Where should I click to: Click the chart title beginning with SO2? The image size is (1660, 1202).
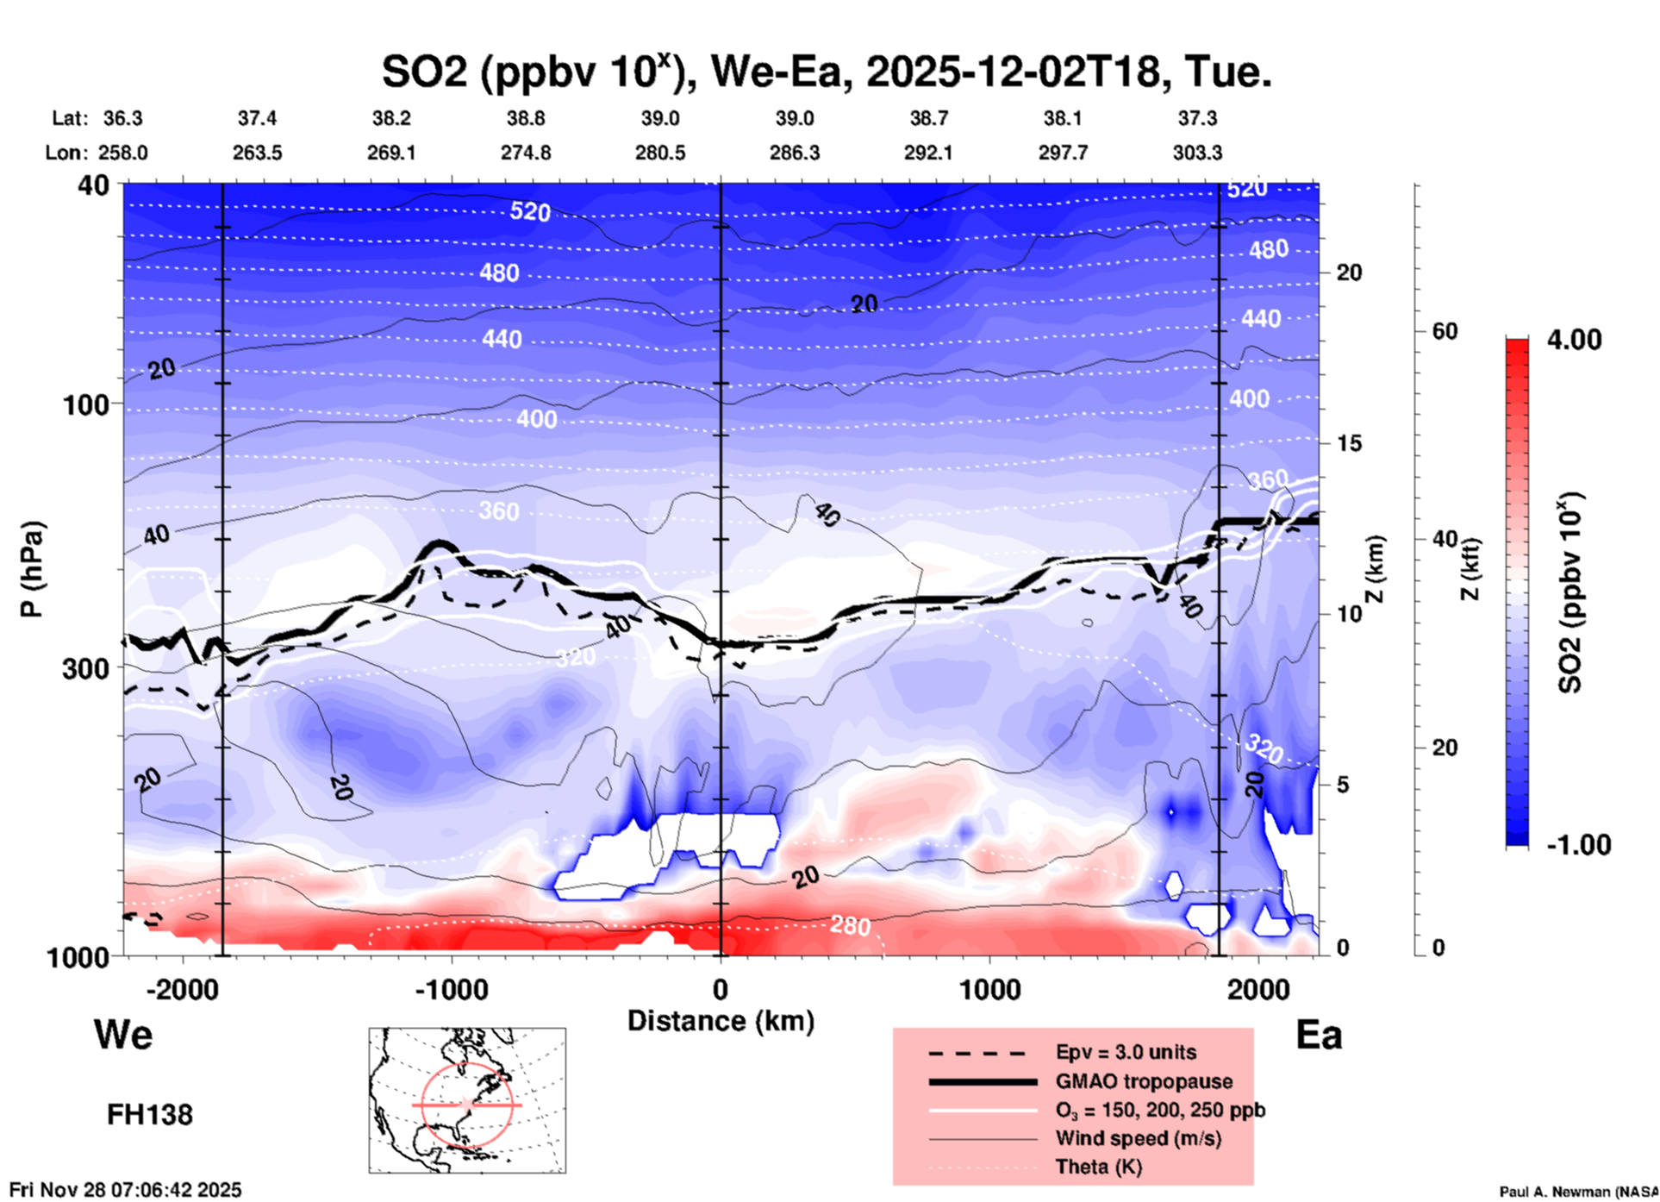click(x=826, y=72)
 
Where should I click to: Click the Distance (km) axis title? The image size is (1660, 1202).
click(x=721, y=1021)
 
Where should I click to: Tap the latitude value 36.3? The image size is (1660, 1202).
click(x=122, y=118)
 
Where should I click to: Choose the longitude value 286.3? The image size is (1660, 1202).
click(x=794, y=153)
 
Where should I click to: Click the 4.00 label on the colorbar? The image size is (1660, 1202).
click(x=1574, y=339)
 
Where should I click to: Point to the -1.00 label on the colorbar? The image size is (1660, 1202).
click(x=1577, y=844)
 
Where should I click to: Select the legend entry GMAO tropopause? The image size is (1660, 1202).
click(x=1144, y=1081)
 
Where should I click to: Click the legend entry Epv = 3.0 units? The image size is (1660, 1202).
click(x=1126, y=1052)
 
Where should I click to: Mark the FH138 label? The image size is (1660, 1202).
click(x=150, y=1115)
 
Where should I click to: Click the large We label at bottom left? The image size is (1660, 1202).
click(x=123, y=1034)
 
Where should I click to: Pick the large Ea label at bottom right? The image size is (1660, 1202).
click(x=1319, y=1035)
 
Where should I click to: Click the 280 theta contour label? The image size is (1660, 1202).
click(x=850, y=926)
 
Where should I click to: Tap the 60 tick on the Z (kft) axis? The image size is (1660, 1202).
click(x=1445, y=331)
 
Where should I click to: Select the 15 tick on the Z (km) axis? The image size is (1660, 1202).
click(x=1349, y=443)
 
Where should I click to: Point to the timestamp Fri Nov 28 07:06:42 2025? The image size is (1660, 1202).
click(x=126, y=1190)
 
